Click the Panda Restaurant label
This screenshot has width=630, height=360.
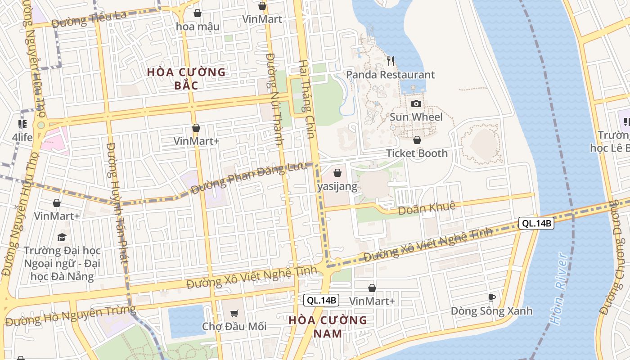click(391, 75)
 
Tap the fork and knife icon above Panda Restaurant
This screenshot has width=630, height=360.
click(391, 60)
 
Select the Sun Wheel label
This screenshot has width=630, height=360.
click(416, 117)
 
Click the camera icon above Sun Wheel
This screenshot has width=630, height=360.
click(416, 104)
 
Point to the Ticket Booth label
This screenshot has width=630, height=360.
click(417, 153)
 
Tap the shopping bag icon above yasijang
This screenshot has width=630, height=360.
click(337, 173)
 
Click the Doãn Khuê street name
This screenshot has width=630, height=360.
click(427, 208)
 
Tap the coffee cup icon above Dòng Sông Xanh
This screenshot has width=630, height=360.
click(491, 297)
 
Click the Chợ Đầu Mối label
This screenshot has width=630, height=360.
click(234, 326)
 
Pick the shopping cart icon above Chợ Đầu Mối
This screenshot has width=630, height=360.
click(234, 313)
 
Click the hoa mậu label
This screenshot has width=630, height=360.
click(198, 27)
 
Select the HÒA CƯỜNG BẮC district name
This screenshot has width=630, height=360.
click(186, 78)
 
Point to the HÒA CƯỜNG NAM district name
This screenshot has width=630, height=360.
click(328, 327)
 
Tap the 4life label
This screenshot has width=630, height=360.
click(22, 137)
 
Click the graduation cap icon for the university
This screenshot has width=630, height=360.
click(62, 237)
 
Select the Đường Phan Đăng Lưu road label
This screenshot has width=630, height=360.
click(248, 178)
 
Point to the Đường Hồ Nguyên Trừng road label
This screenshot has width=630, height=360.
click(70, 315)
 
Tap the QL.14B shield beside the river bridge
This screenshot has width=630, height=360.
click(536, 223)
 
